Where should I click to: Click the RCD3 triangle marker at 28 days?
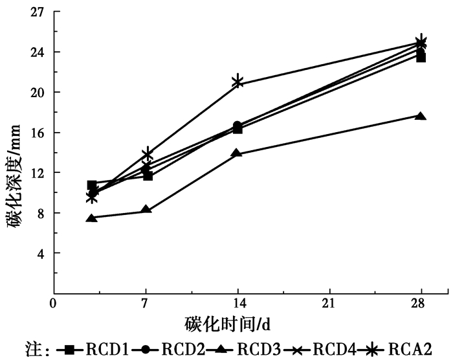click(421, 116)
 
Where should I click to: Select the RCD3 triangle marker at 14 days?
click(237, 153)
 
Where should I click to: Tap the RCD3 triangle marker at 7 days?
click(146, 209)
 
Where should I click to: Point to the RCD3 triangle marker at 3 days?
click(93, 218)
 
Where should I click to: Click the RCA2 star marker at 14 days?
click(238, 82)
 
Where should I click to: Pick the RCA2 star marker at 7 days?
click(148, 154)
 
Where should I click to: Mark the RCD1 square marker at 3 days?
click(92, 185)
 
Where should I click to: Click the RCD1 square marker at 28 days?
click(421, 58)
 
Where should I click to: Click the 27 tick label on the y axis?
click(37, 12)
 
